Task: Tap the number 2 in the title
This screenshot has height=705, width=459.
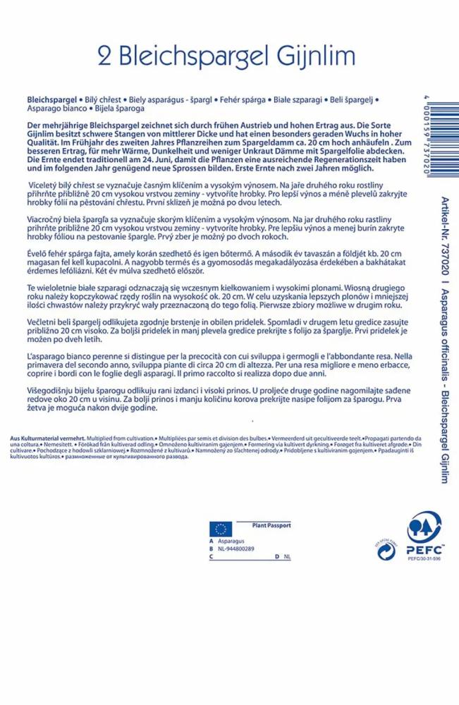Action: (x=109, y=56)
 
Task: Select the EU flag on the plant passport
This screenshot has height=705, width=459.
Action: (x=220, y=529)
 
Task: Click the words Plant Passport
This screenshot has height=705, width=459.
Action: (x=271, y=525)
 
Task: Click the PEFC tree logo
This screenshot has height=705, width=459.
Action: (x=425, y=534)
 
